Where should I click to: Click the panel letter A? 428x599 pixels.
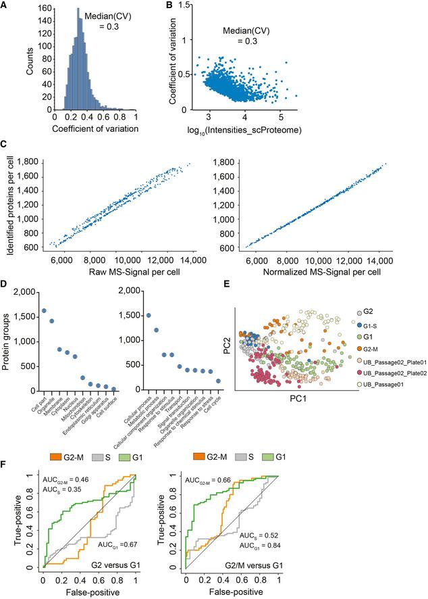tap(5, 5)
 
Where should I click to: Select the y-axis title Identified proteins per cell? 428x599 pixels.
tap(10, 203)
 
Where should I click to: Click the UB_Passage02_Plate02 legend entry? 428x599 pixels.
tap(396, 372)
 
